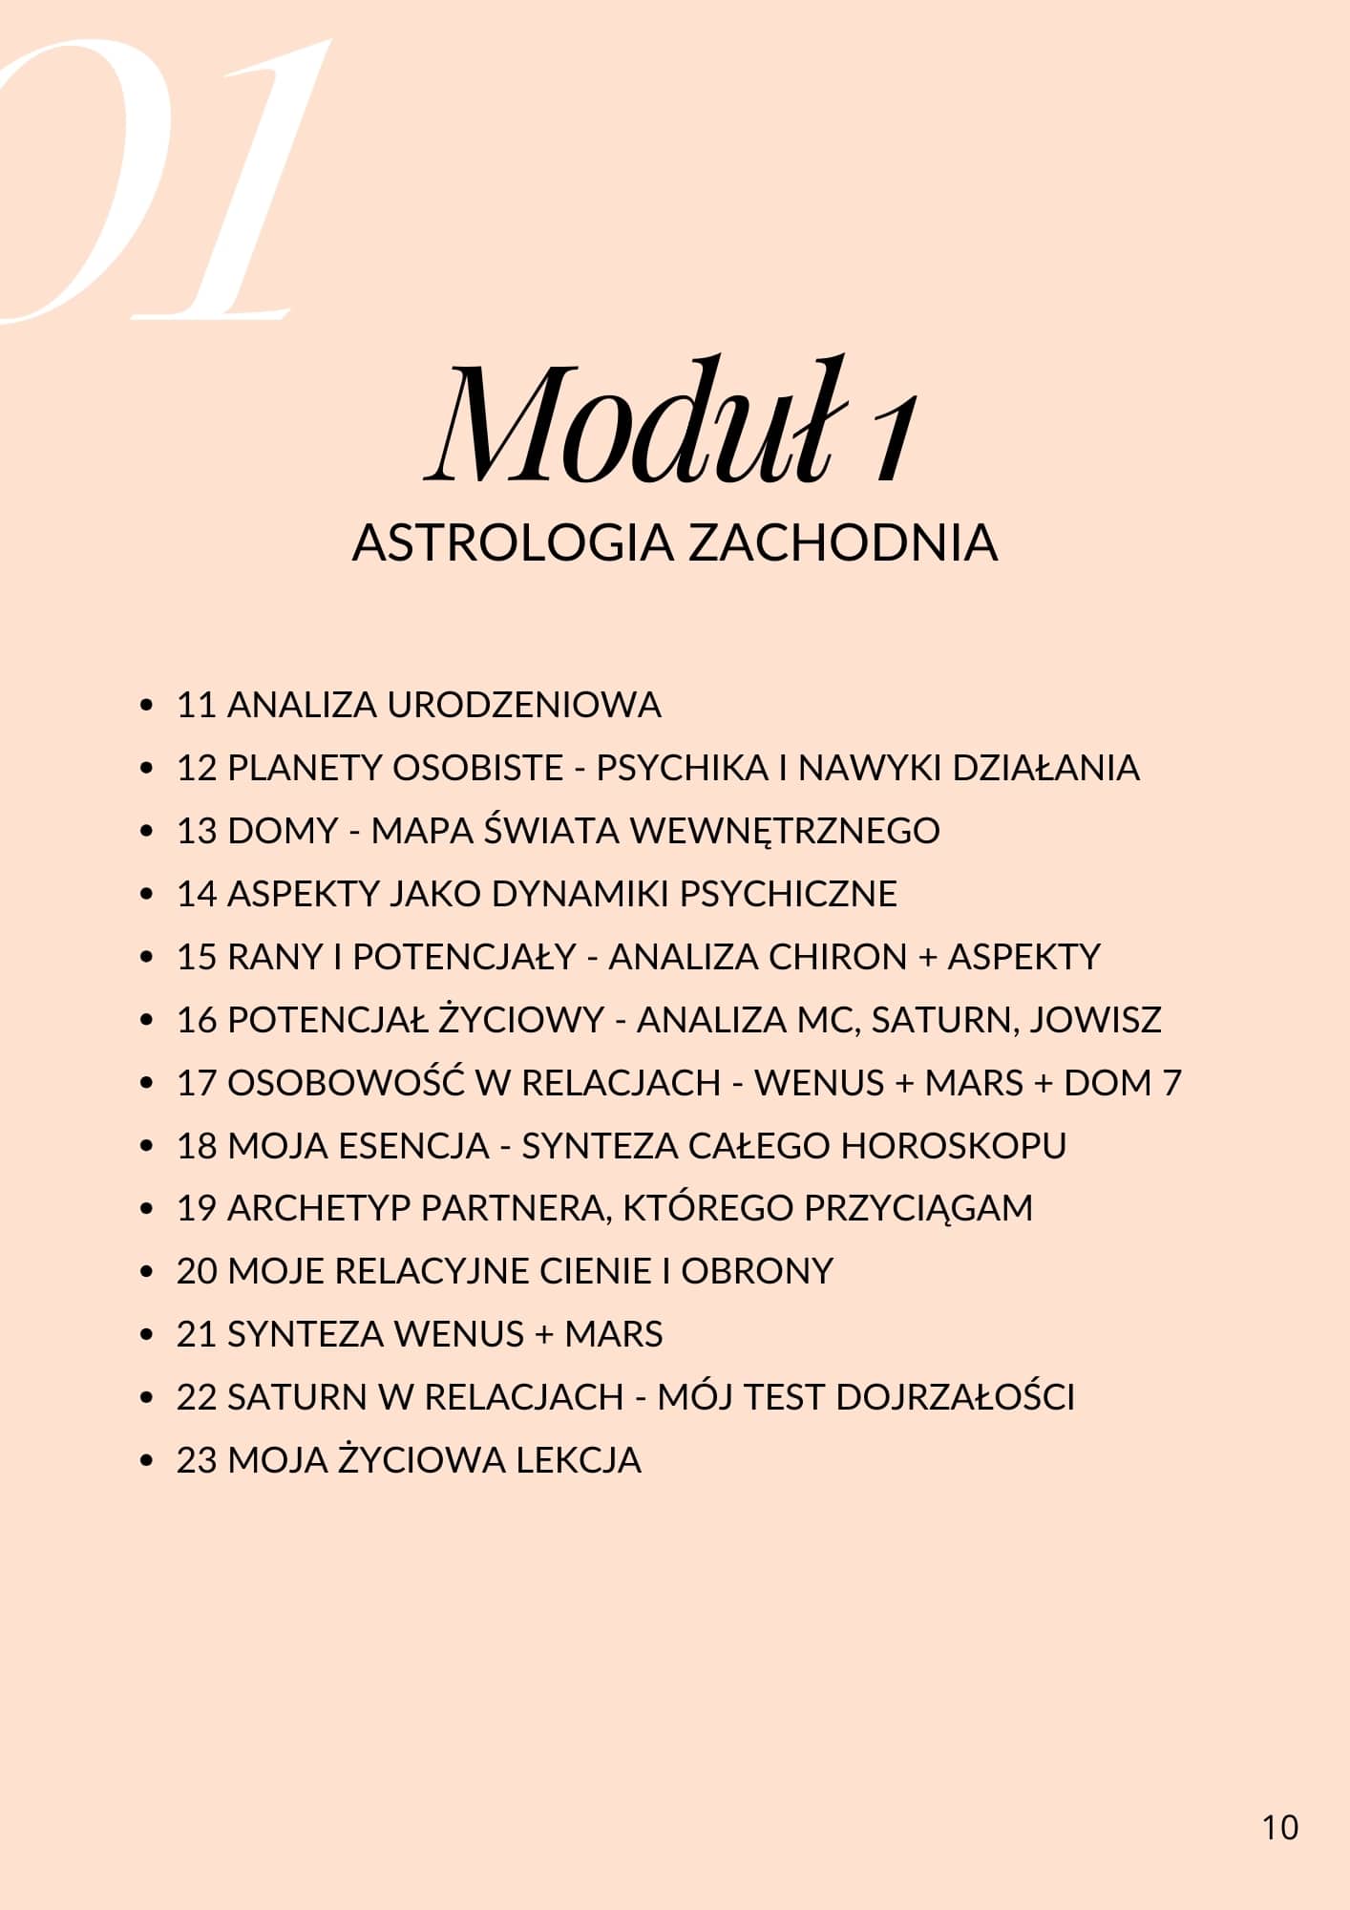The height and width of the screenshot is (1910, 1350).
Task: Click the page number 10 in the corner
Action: click(x=1279, y=1826)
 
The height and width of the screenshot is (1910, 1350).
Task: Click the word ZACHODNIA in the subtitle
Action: click(x=843, y=542)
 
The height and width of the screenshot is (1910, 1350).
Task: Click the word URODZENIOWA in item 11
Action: click(x=524, y=705)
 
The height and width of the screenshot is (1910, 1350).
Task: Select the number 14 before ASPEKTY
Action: click(x=197, y=894)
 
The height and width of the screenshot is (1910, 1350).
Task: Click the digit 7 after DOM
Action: click(x=1171, y=1083)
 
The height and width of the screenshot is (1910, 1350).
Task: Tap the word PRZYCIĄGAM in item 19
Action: click(x=918, y=1208)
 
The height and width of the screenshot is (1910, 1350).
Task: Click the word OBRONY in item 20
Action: click(x=757, y=1271)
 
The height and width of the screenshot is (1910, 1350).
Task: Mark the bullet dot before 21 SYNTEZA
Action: click(x=146, y=1335)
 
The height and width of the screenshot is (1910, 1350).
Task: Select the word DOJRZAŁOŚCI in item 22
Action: click(x=955, y=1397)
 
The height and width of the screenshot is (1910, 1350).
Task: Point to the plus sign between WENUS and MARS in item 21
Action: click(x=544, y=1335)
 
